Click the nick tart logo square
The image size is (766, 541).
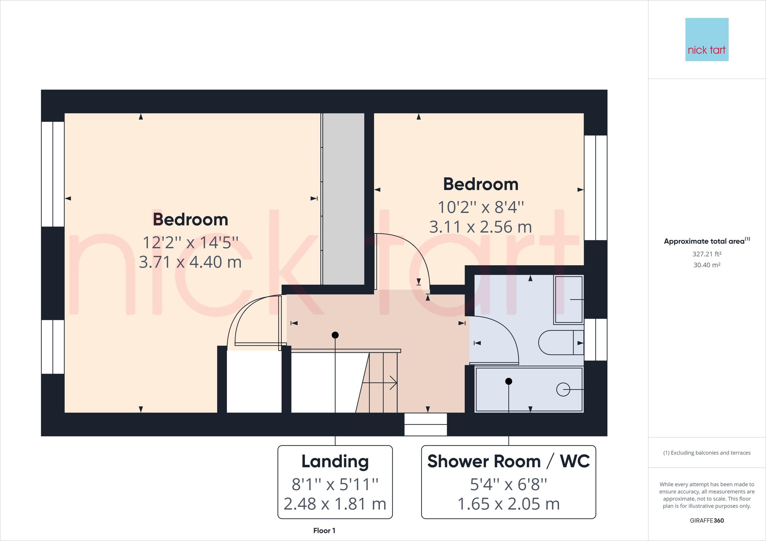pos(707,39)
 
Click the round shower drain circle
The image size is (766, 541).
pos(563,389)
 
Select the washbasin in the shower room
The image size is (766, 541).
pos(568,299)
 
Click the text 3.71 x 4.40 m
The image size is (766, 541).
pos(190,262)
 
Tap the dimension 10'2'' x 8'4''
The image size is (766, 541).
pos(480,207)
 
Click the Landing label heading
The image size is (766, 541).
pos(335,462)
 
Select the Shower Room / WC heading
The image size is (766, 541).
pos(508,462)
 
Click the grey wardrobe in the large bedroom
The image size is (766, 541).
pos(344,199)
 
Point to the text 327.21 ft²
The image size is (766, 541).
pos(707,254)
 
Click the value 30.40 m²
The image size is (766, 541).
pos(707,265)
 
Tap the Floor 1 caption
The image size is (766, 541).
pos(324,531)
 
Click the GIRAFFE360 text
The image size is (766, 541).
pos(707,520)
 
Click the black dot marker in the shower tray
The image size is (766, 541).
pos(508,381)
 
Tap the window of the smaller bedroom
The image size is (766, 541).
pos(596,188)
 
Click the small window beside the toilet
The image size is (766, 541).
pos(596,339)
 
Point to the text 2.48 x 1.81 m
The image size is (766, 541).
pos(335,504)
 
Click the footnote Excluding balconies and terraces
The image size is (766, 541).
pos(707,453)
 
